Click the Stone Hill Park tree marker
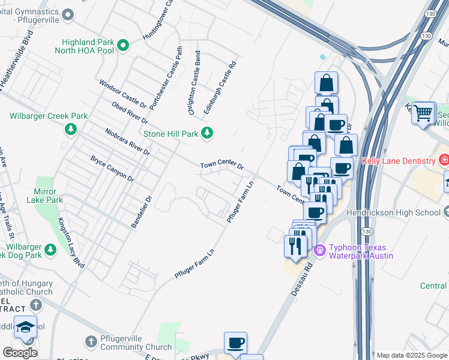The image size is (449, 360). click(208, 133)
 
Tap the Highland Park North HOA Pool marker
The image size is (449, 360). click(123, 45)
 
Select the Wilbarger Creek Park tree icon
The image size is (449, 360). click(71, 128)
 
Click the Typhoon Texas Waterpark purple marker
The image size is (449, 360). click(319, 248)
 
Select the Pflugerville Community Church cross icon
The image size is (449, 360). click(91, 341)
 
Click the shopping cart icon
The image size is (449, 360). click(424, 112)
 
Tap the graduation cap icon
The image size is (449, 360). click(26, 328)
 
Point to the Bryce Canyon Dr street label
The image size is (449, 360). click(112, 168)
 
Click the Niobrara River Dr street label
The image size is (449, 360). click(127, 141)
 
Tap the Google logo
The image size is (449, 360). click(20, 353)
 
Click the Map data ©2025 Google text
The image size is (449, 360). click(412, 355)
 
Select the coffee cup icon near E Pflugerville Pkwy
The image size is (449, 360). click(235, 343)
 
